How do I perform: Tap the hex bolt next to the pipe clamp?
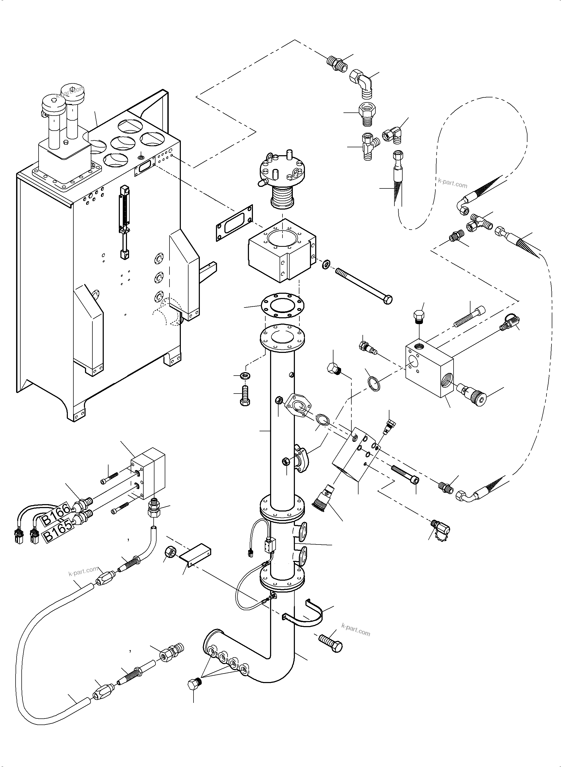[331, 642]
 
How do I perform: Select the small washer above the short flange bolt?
[245, 376]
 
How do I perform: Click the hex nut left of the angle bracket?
[169, 552]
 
